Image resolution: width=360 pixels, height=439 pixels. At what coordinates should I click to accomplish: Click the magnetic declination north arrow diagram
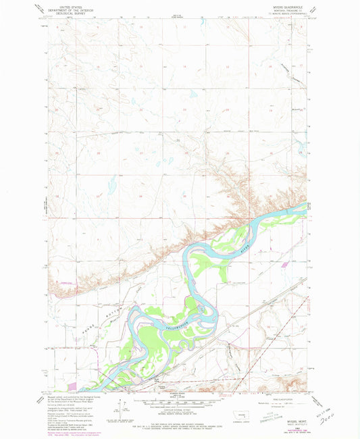point(122,409)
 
